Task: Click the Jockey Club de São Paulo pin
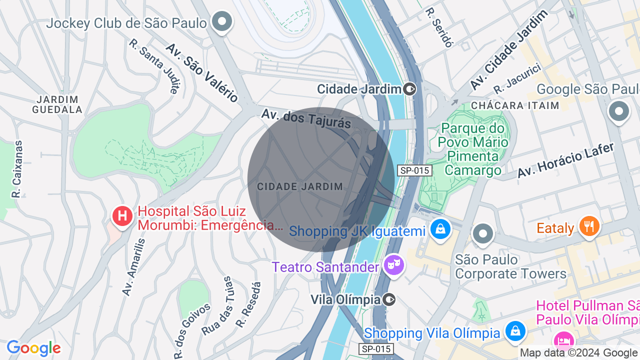[222, 22]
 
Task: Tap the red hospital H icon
[122, 217]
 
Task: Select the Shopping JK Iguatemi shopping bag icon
[440, 229]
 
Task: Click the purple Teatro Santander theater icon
[394, 264]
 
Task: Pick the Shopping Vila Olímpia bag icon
[515, 331]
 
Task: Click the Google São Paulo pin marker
[618, 111]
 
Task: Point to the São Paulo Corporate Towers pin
[483, 233]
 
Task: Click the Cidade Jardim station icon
[410, 89]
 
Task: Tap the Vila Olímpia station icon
[389, 300]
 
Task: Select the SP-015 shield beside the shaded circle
[414, 170]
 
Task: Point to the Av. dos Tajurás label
[306, 119]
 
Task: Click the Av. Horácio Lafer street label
[565, 160]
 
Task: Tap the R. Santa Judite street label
[154, 66]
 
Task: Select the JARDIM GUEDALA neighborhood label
[57, 104]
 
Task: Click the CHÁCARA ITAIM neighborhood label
[515, 105]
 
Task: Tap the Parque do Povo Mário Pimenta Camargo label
[473, 149]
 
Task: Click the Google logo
[33, 348]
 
